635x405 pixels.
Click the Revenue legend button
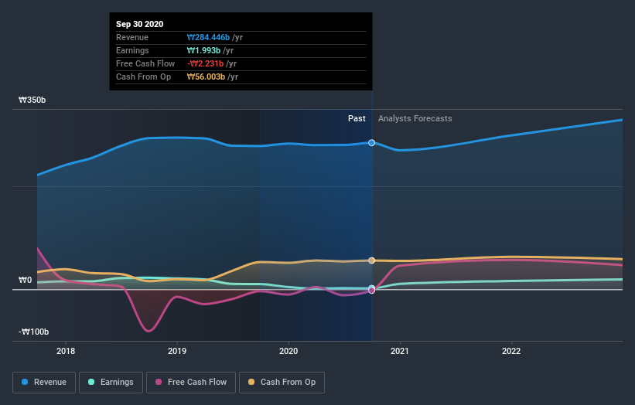pos(45,382)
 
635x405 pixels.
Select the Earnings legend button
pos(111,382)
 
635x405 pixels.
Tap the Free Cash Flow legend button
pos(191,382)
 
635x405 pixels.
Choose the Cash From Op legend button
pos(282,382)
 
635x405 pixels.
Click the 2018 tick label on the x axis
pos(66,349)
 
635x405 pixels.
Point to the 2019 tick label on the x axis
pos(177,349)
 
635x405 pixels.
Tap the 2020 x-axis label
pos(288,349)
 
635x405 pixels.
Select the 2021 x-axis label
pos(400,349)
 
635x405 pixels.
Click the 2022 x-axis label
pos(511,349)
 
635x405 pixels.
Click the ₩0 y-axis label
pos(26,280)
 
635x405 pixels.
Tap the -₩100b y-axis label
pos(34,332)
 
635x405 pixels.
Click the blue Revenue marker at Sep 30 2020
pos(372,143)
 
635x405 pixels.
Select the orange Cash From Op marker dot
pos(372,260)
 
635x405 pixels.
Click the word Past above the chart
pos(357,118)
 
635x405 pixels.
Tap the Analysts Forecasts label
pos(415,118)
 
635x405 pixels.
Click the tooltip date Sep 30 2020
pos(140,25)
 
